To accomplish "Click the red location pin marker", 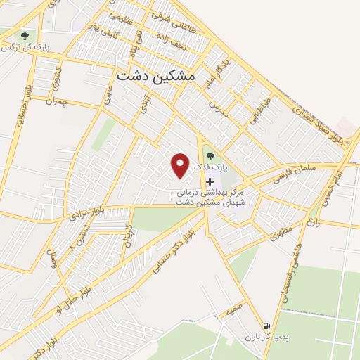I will coord(181,165).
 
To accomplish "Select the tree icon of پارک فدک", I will coord(210,157).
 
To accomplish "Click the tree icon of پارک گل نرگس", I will coord(25,34).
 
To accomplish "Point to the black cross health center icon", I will coord(210,181).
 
